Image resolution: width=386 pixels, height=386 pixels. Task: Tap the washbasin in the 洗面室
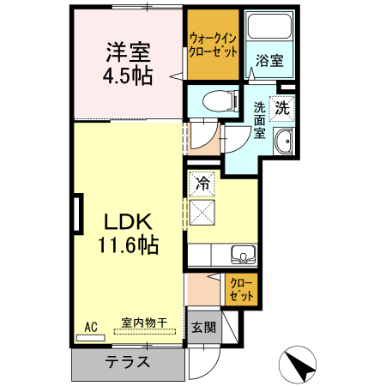click(283, 141)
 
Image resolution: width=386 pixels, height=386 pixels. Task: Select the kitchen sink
click(244, 254)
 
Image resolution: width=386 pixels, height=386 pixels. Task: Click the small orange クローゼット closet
click(241, 289)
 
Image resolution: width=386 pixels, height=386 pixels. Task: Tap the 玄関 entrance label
click(204, 328)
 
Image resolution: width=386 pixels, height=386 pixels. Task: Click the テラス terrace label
click(128, 361)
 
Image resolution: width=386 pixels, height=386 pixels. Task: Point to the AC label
click(91, 326)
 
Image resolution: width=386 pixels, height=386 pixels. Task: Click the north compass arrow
click(299, 366)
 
